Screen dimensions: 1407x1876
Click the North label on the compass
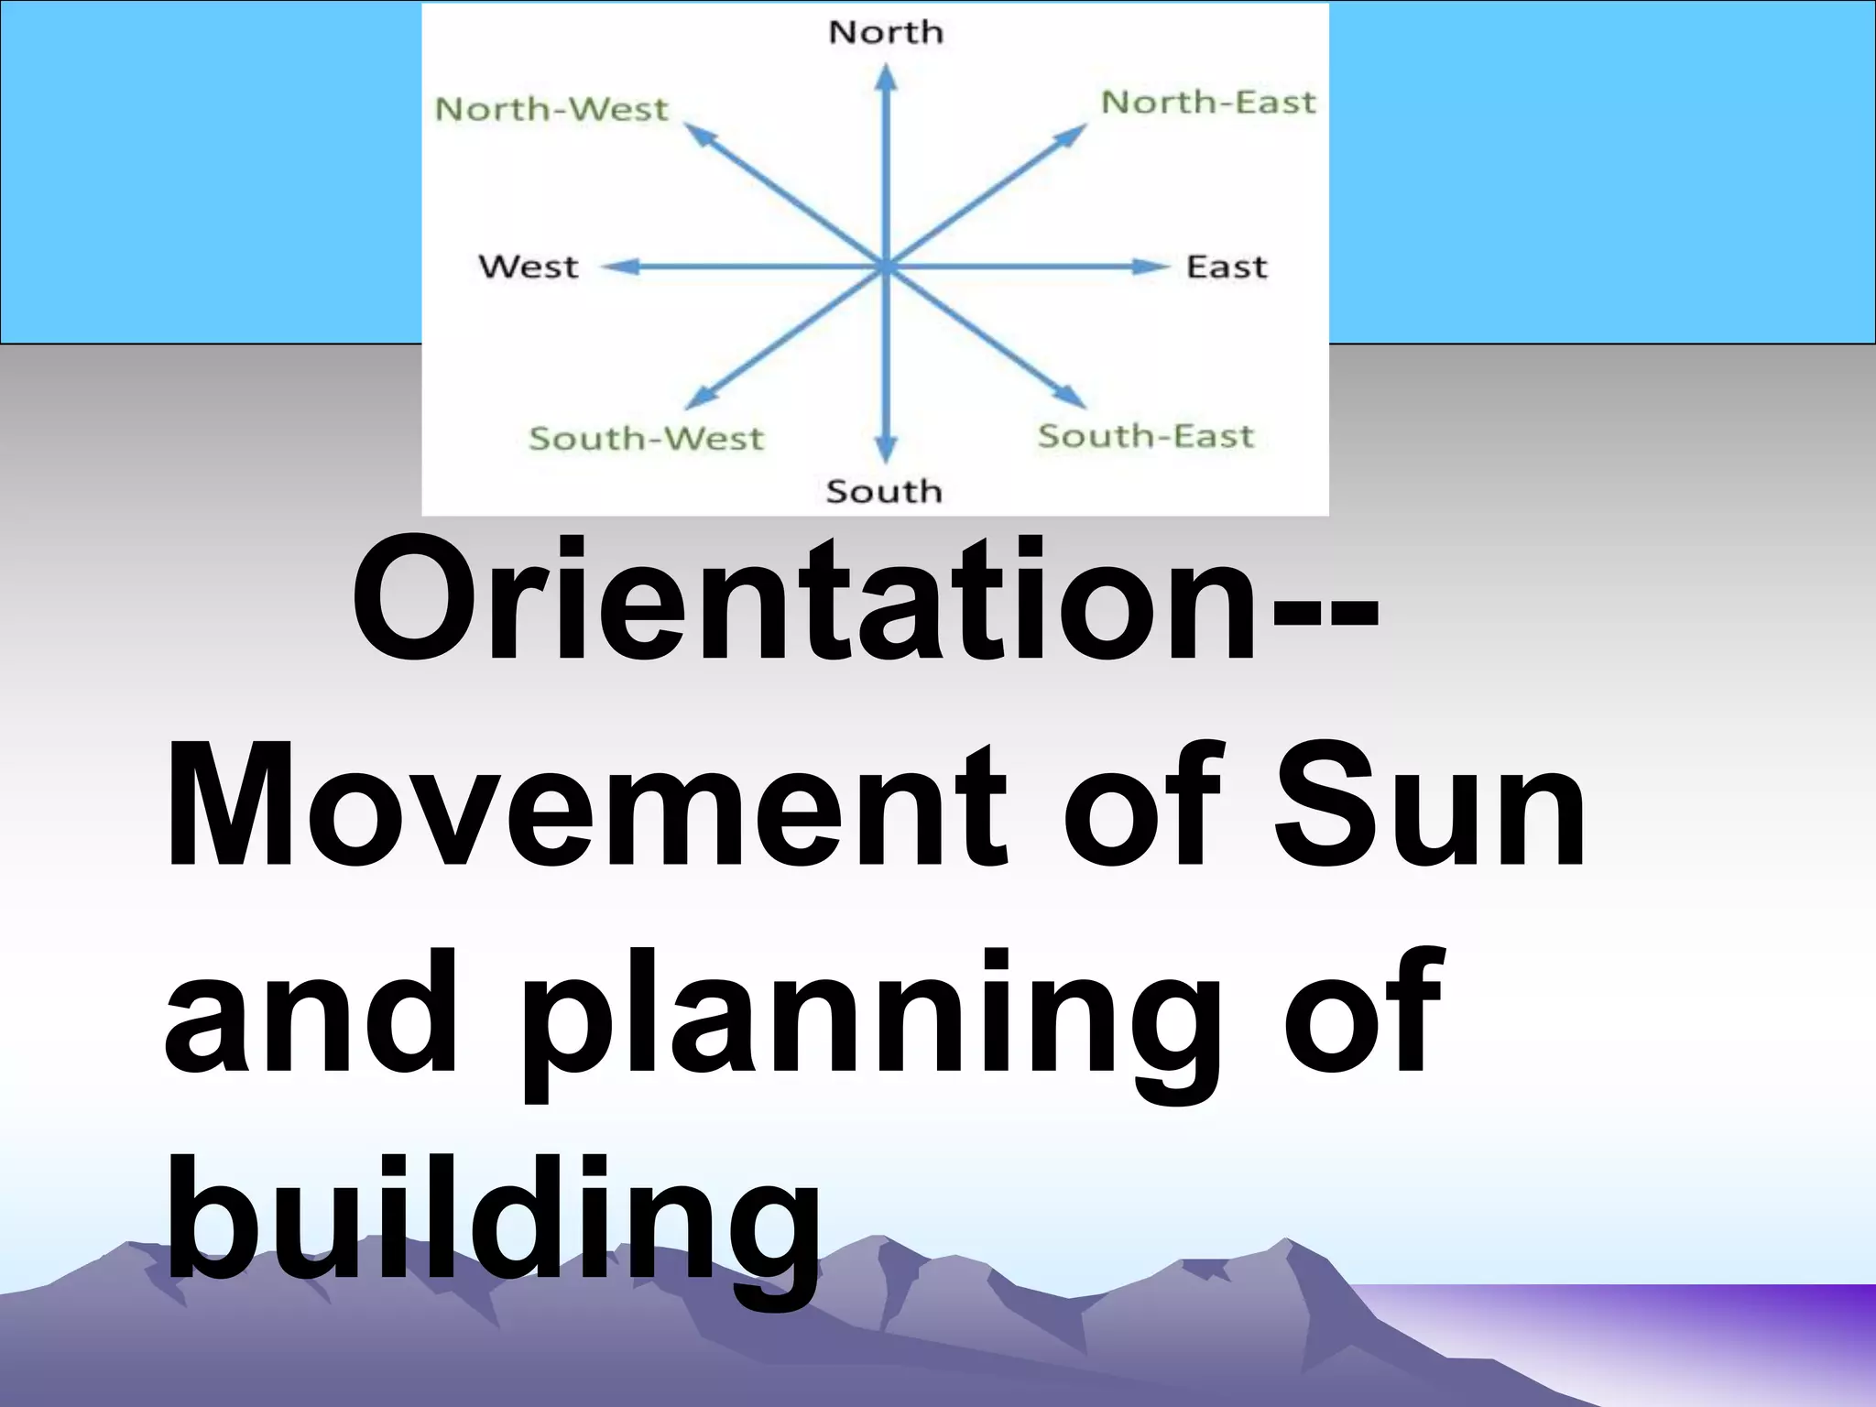[x=885, y=33]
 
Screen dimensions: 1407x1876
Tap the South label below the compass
[x=884, y=492]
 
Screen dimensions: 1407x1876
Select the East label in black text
[x=1227, y=267]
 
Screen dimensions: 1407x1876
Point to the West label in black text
[x=529, y=267]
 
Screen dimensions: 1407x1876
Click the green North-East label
[x=1208, y=103]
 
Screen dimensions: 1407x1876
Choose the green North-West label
[x=551, y=110]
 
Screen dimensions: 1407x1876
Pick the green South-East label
[x=1145, y=436]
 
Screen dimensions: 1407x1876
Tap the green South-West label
[x=646, y=439]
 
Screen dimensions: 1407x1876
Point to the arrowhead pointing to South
[x=885, y=450]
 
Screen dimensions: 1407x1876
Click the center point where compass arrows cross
[x=885, y=267]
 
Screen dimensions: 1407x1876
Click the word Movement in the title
[x=586, y=806]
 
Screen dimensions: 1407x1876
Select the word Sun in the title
[x=1429, y=806]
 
